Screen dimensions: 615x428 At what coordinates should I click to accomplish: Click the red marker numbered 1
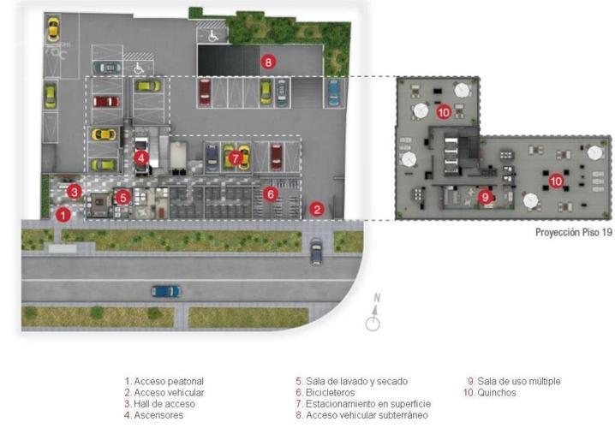coord(63,215)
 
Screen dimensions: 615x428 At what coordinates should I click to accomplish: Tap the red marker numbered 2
coord(317,210)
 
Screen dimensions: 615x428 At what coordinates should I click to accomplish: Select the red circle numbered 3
coord(75,192)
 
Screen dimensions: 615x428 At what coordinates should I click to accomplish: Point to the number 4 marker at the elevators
coord(140,158)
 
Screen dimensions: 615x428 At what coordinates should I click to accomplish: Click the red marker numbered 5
coord(123,197)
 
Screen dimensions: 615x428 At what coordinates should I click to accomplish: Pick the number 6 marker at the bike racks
coord(270,193)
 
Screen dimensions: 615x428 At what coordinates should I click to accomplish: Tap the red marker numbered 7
coord(235,158)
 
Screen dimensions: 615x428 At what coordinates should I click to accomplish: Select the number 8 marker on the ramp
coord(268,62)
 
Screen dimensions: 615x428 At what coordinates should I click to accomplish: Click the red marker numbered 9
coord(485,196)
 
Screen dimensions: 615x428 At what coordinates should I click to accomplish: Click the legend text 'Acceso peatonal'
coord(169,381)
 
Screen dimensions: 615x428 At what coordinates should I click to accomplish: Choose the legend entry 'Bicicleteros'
coord(330,392)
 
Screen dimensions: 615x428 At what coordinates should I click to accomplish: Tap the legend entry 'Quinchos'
coord(497,392)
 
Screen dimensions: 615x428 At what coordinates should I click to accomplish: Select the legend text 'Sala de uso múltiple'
coord(519,381)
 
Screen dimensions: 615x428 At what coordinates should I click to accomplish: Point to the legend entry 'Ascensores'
coord(158,415)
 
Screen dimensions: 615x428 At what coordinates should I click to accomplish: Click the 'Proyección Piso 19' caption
coord(573,233)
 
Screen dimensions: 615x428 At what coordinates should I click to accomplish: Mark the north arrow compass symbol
coord(373,312)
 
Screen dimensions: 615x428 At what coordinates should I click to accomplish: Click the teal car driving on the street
coord(166,291)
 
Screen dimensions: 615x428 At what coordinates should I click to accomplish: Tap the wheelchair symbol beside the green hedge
coord(213,37)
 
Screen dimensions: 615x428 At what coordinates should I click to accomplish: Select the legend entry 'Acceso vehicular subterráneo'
coord(367,415)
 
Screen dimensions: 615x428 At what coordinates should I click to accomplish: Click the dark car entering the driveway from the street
coord(316,251)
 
